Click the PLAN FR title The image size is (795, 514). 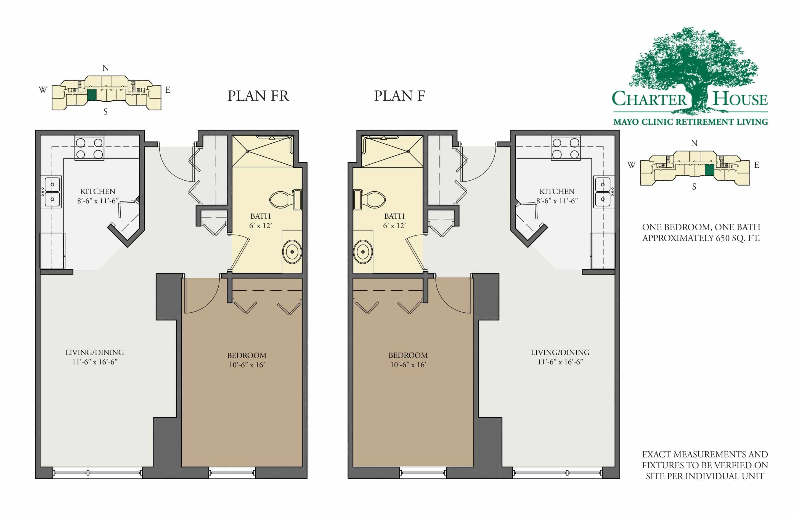click(x=258, y=96)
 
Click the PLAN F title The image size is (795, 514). click(x=399, y=96)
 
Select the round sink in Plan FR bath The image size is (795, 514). click(x=292, y=252)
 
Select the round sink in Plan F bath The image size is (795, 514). click(x=363, y=252)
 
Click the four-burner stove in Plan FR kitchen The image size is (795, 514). click(x=89, y=148)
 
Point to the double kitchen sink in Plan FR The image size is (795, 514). click(x=52, y=192)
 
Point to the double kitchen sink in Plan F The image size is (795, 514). click(x=603, y=192)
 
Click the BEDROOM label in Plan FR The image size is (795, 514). click(x=247, y=355)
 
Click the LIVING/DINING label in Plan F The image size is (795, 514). click(x=560, y=352)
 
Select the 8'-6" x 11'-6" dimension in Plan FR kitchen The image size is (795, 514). click(x=98, y=201)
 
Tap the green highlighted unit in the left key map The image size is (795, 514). click(x=92, y=95)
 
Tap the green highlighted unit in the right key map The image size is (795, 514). click(x=709, y=170)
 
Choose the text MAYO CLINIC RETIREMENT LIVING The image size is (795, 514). click(x=690, y=122)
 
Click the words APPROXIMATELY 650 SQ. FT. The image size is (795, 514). click(x=701, y=238)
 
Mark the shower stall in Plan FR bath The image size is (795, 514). click(x=263, y=151)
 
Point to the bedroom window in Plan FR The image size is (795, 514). click(x=232, y=473)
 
